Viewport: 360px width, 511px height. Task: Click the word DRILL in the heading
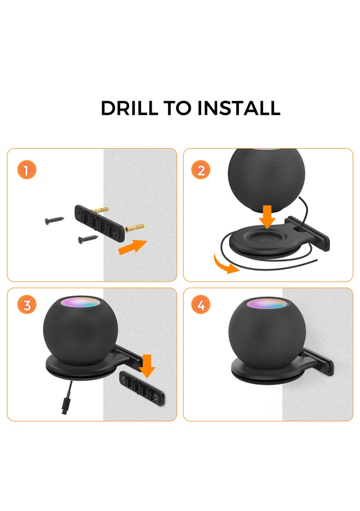[x=129, y=108]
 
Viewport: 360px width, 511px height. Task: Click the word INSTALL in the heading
[x=239, y=108]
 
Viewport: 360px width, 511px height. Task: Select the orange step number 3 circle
[x=27, y=305]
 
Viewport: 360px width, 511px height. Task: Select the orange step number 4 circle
[x=201, y=305]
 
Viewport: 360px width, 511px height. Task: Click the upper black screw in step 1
[x=54, y=220]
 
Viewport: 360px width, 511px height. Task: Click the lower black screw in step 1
[x=88, y=239]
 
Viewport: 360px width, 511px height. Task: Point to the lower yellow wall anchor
[x=135, y=228]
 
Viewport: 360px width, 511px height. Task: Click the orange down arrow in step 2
[x=267, y=217]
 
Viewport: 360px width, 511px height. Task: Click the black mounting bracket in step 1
[x=100, y=223]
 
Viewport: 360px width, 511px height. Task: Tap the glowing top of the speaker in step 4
[x=267, y=304]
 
